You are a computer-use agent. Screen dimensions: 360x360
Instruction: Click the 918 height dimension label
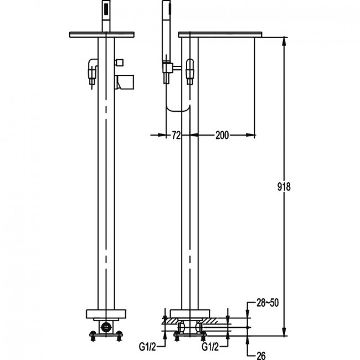(284, 187)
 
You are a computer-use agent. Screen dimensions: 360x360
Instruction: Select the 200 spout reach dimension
(222, 135)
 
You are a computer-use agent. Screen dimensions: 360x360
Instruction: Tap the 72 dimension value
(176, 136)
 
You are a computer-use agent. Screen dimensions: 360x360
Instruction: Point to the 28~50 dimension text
(268, 303)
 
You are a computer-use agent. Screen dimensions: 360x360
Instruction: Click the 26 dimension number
(261, 356)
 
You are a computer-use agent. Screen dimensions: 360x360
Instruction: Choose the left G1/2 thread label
(147, 347)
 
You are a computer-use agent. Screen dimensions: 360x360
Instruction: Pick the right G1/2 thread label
(210, 347)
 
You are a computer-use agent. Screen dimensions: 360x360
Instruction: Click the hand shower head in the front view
(106, 16)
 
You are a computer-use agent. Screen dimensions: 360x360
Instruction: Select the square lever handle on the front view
(125, 82)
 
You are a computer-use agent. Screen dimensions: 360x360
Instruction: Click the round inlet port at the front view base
(106, 327)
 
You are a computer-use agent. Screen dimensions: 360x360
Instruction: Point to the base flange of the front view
(106, 314)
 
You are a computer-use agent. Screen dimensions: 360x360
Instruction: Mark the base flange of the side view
(190, 313)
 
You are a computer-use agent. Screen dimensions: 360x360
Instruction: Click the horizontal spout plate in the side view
(220, 34)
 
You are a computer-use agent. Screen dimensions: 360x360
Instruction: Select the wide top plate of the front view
(102, 34)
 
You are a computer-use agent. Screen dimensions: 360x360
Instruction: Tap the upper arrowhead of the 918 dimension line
(284, 42)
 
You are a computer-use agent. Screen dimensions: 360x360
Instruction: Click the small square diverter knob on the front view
(120, 62)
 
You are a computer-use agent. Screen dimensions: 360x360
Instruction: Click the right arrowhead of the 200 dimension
(251, 135)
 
